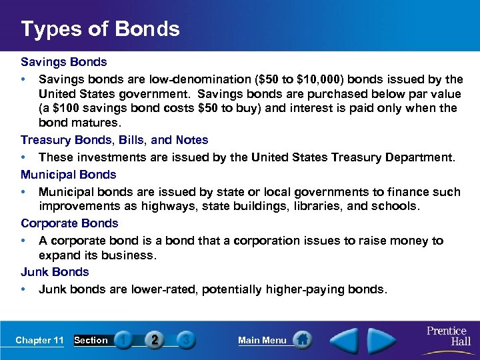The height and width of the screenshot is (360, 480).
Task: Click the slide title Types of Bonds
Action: tap(100, 29)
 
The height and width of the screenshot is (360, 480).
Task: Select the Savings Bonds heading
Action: tap(63, 62)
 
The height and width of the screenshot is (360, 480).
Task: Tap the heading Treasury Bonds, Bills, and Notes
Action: tap(114, 140)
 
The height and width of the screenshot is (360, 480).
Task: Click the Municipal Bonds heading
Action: tap(68, 175)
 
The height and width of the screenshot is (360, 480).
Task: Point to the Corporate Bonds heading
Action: tap(69, 223)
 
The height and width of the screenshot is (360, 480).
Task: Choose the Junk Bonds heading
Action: tap(55, 272)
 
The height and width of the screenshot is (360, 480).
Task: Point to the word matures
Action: tap(99, 123)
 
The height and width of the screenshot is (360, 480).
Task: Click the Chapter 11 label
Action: tap(39, 340)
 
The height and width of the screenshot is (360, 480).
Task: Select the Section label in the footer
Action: tap(91, 340)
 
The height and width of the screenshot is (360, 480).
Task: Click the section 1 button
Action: tap(123, 340)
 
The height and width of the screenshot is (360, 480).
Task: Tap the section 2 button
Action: tap(154, 340)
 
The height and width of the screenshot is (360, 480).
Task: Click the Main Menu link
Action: tap(262, 340)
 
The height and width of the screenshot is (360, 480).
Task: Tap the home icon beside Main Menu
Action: tap(303, 340)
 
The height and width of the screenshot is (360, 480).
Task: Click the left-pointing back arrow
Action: tap(345, 340)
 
